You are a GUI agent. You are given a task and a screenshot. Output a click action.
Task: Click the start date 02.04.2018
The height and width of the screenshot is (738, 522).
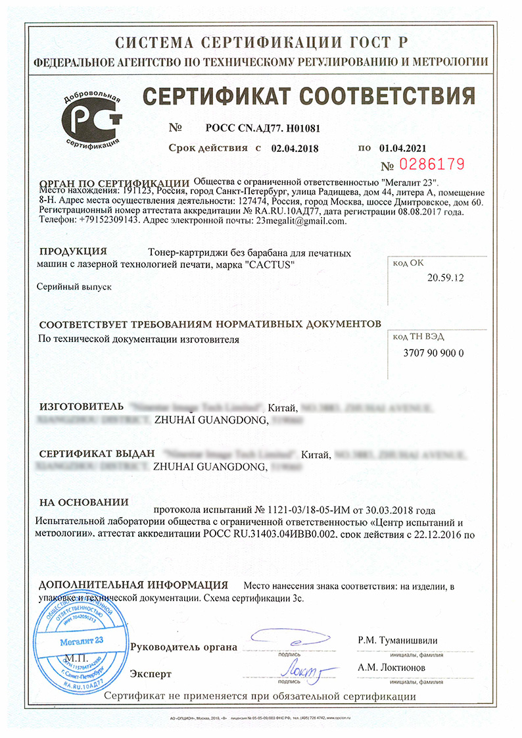294,149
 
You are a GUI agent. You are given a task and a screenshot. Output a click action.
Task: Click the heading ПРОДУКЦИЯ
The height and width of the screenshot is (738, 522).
73,251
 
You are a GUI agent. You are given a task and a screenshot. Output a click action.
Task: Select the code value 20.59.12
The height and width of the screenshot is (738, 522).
446,278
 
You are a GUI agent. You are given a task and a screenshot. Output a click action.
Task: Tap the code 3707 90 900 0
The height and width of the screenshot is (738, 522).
433,353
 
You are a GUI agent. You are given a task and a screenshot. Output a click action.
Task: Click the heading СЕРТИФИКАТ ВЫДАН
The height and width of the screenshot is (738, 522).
97,454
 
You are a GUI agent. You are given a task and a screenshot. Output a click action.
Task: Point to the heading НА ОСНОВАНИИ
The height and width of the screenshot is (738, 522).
83,503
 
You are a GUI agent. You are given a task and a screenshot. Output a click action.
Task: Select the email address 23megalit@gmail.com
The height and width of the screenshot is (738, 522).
300,221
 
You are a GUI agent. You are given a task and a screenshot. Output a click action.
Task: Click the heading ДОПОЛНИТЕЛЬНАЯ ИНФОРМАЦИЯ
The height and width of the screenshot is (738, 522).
133,585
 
